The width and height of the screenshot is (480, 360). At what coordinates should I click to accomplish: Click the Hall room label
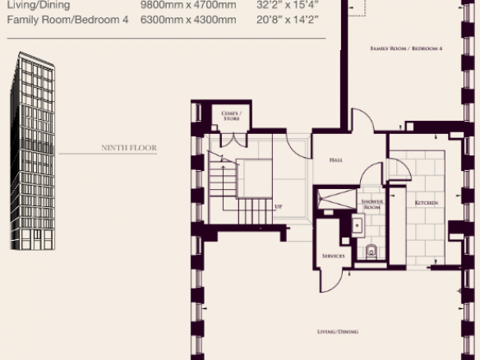[336, 159]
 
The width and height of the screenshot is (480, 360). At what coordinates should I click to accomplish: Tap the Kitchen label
[426, 203]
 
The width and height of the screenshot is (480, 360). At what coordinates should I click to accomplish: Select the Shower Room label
[372, 204]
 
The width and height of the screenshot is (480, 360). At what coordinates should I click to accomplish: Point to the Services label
[334, 256]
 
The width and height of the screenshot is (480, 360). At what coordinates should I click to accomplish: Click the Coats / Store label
[232, 116]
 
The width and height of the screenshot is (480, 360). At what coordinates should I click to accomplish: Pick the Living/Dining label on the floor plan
[338, 331]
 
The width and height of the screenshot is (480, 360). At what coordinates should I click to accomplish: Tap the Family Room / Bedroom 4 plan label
[406, 48]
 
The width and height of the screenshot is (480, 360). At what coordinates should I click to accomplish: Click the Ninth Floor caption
[129, 148]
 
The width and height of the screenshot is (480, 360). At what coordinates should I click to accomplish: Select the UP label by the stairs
[279, 206]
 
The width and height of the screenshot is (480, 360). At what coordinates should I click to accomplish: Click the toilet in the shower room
[372, 252]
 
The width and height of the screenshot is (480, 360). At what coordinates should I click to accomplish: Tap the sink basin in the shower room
[358, 226]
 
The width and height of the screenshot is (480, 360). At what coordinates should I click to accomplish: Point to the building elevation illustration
[32, 151]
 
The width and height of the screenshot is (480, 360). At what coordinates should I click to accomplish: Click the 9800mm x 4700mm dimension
[188, 5]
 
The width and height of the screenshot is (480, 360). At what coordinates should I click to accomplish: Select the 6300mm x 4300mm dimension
[188, 20]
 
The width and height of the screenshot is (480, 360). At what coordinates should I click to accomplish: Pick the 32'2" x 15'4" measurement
[288, 5]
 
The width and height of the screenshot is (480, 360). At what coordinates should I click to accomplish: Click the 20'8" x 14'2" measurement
[288, 20]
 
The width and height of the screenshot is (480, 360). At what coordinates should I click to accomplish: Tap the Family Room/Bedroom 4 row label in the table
[67, 20]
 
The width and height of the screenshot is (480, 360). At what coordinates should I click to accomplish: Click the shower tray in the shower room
[337, 199]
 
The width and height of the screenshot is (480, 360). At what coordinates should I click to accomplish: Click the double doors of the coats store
[234, 140]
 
